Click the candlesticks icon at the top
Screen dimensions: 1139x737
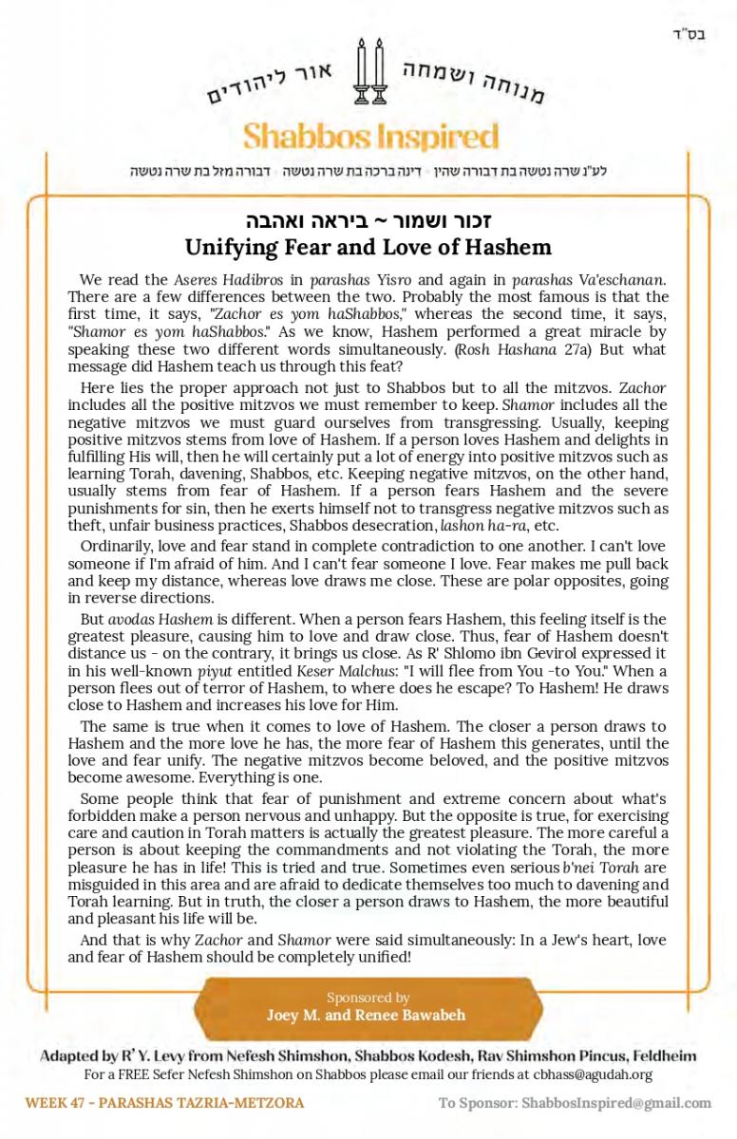[370, 73]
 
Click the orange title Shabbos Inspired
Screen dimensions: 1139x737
[370, 137]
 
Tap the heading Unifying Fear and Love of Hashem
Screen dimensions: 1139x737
[368, 248]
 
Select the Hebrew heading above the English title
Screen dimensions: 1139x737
[368, 221]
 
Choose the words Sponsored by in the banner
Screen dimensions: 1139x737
[368, 998]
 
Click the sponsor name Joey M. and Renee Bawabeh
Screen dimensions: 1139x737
[368, 1015]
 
